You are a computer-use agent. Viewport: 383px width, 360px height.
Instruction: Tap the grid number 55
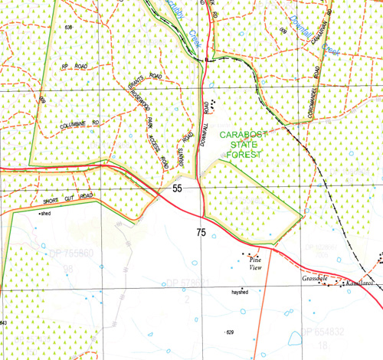(x=178, y=188)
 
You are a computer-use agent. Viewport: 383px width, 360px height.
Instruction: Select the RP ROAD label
(x=75, y=67)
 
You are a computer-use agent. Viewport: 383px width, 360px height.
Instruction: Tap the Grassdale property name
(x=316, y=277)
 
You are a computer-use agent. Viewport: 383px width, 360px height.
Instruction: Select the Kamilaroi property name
(x=358, y=283)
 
